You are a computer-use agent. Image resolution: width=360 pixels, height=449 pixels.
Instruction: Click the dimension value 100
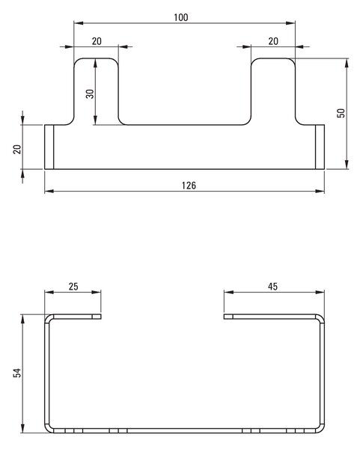[181, 17]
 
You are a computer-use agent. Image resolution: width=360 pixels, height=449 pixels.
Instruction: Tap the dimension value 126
[189, 186]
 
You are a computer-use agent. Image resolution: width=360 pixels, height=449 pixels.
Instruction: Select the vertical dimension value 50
[341, 113]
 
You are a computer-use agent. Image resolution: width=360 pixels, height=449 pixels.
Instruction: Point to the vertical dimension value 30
[90, 94]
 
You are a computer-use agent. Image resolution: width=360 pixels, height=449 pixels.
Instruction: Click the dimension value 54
[17, 373]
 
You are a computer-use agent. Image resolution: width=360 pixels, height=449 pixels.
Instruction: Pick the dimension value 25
[73, 287]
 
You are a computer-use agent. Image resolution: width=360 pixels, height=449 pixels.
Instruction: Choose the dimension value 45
[272, 287]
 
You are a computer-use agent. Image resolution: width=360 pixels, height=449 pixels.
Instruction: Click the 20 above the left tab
[97, 41]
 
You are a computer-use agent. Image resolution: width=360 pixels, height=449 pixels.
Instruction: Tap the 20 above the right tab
[273, 41]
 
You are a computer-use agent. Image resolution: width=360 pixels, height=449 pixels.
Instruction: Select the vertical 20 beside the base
[17, 149]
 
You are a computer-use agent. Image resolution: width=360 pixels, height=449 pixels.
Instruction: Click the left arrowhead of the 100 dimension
[79, 23]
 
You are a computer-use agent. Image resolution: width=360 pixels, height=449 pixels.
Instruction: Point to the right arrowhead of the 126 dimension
[320, 191]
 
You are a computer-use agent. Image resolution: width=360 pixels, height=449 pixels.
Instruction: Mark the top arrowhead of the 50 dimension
[347, 63]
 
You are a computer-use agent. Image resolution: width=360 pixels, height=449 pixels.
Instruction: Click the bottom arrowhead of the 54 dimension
[22, 428]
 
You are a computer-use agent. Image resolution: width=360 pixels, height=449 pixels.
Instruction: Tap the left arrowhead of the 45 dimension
[228, 292]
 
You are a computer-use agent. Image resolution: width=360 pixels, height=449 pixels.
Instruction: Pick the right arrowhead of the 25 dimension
[97, 292]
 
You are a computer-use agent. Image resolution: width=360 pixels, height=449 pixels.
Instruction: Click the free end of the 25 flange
[101, 317]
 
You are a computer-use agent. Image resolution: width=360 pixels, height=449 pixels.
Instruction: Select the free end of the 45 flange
[225, 317]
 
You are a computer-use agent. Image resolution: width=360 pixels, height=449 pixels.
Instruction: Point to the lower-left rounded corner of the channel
[48, 430]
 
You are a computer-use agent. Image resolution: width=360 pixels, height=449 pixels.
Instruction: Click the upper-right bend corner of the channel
[322, 317]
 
